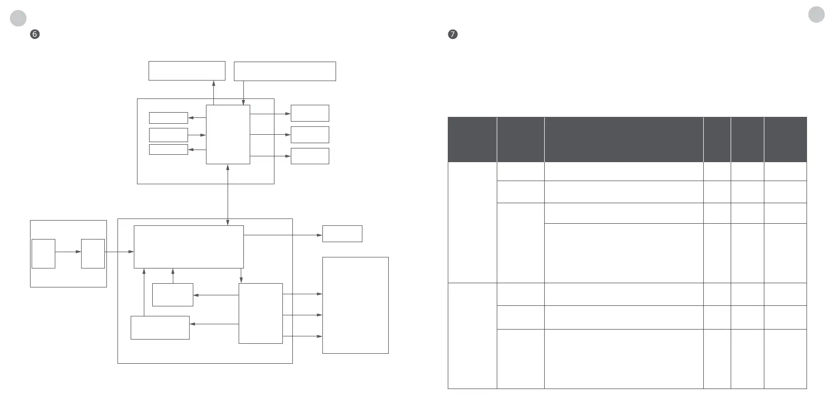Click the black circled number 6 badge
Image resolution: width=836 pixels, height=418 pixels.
[35, 35]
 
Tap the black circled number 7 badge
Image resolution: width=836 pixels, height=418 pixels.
[453, 35]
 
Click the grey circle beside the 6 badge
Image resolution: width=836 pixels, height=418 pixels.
[18, 18]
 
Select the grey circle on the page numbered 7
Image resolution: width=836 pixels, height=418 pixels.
[817, 15]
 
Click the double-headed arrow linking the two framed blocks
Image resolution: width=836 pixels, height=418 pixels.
[228, 195]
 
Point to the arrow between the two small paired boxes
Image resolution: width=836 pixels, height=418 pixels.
[68, 252]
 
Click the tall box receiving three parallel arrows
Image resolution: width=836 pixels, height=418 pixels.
[355, 305]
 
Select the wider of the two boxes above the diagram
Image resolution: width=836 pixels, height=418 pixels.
[284, 71]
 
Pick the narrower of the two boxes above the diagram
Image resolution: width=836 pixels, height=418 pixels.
[186, 71]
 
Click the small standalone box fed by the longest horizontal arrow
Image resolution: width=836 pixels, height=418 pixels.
[342, 234]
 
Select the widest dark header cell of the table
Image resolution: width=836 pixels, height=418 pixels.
[623, 140]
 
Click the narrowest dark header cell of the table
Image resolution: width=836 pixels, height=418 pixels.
[717, 140]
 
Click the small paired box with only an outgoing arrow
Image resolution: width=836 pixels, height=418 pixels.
[43, 253]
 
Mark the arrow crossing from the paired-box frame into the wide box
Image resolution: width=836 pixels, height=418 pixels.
[120, 252]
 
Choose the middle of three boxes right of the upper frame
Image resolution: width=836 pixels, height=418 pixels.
[310, 135]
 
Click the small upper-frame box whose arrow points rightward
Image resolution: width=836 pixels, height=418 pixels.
[168, 135]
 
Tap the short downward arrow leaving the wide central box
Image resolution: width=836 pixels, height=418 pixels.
[241, 275]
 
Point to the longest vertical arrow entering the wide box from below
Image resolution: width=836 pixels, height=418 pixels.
[144, 292]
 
